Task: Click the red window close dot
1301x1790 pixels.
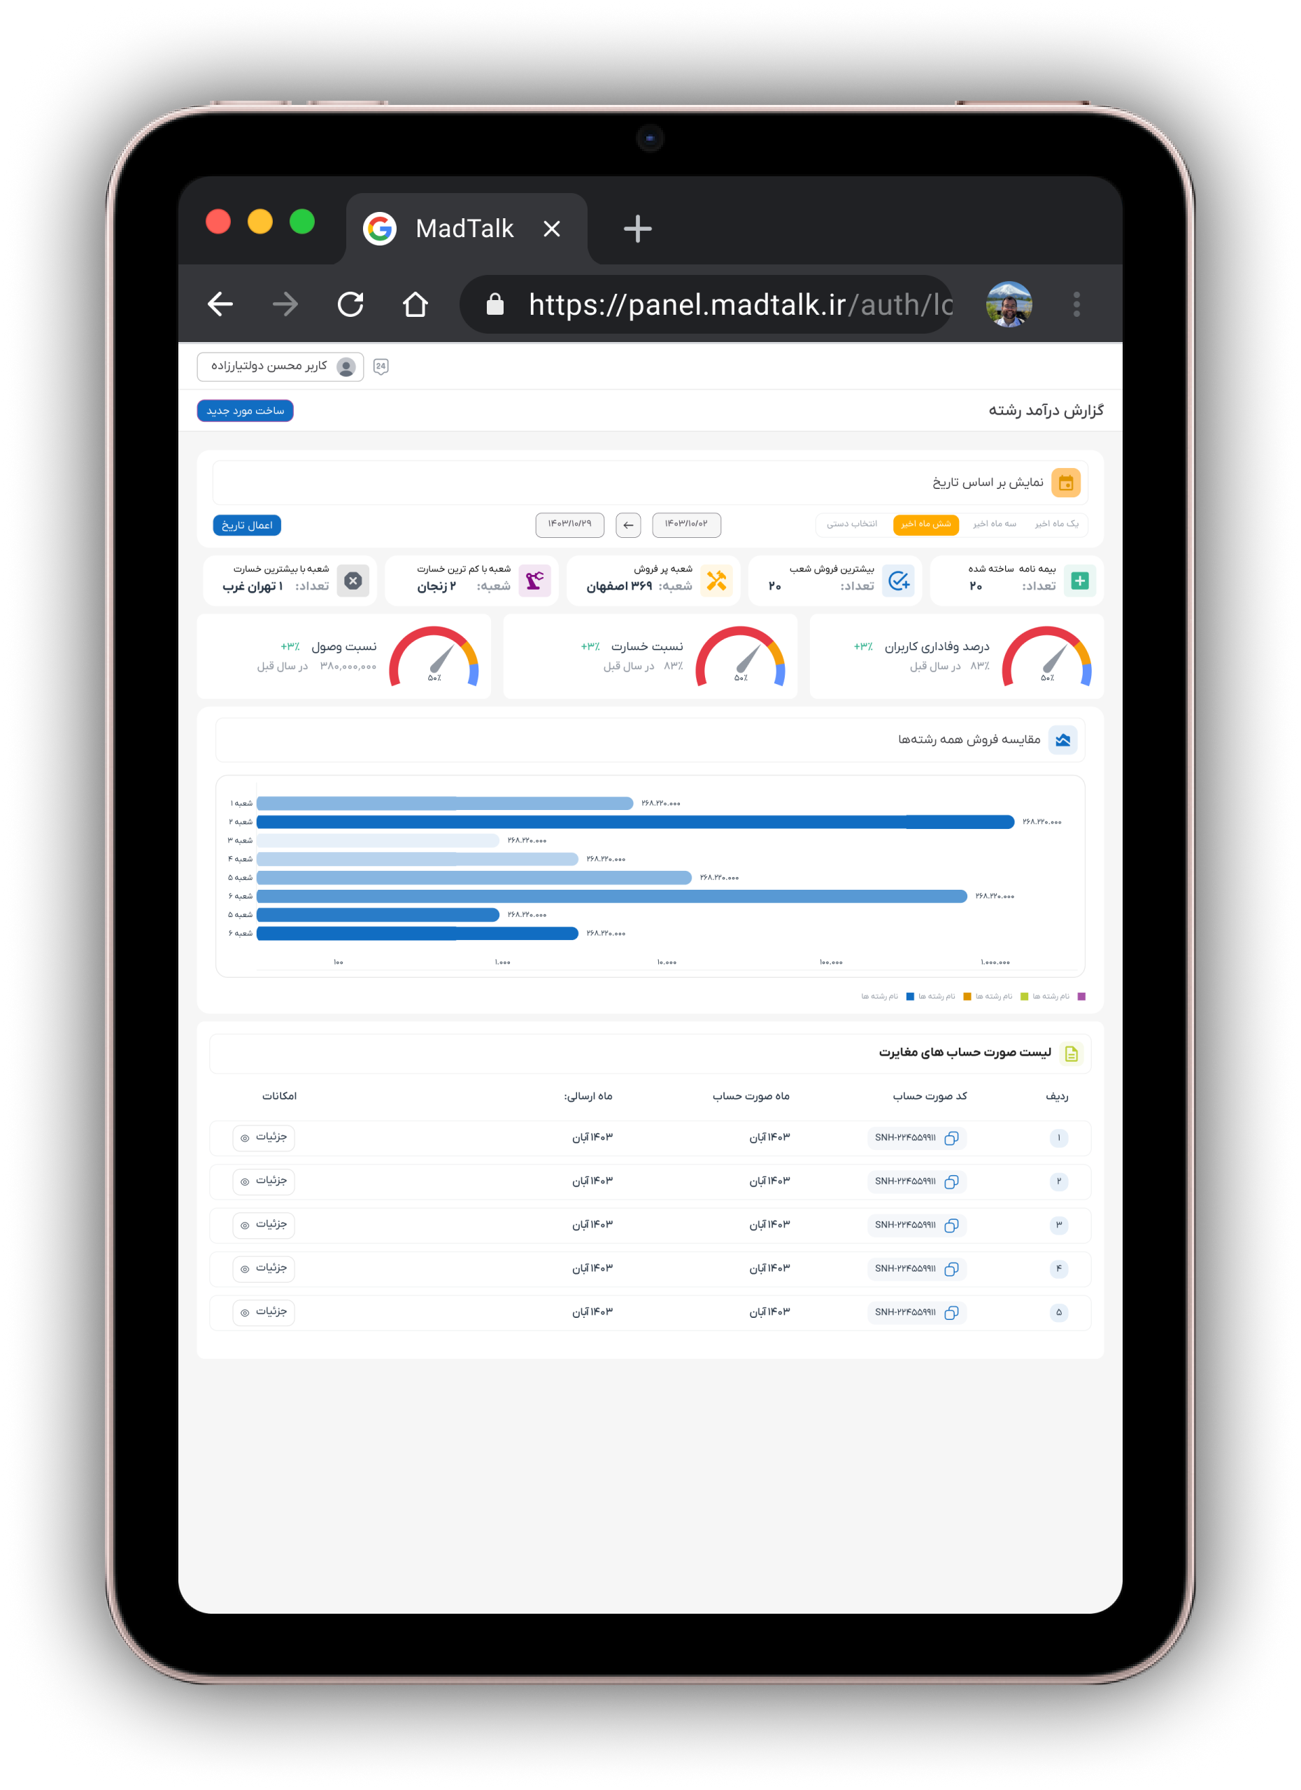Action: (x=218, y=222)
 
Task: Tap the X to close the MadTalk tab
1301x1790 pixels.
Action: (x=552, y=229)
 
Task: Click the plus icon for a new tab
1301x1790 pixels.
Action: (x=637, y=229)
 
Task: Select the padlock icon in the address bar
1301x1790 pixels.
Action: (x=495, y=305)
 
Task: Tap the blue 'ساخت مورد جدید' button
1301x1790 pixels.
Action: (x=245, y=411)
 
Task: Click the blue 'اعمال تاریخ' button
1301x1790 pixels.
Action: (x=247, y=525)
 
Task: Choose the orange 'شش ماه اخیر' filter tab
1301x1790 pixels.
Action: (x=925, y=524)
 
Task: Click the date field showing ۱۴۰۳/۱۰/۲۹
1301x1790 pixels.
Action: (x=569, y=524)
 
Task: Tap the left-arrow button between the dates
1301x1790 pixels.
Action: (x=627, y=525)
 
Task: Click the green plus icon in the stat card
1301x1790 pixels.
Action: (x=1079, y=581)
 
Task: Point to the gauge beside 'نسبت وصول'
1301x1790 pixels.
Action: (x=434, y=658)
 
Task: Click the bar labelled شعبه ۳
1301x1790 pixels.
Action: (x=377, y=841)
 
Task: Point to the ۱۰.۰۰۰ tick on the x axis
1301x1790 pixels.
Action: (x=667, y=962)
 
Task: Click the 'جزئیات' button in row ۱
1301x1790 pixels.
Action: (x=264, y=1137)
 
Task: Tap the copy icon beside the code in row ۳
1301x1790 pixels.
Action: (x=951, y=1225)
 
